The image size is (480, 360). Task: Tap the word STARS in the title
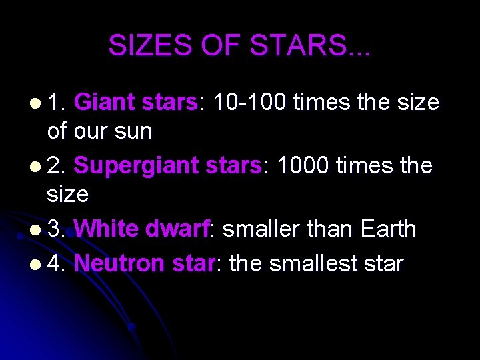click(309, 45)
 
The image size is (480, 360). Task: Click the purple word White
click(107, 229)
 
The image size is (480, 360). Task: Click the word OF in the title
click(221, 45)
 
